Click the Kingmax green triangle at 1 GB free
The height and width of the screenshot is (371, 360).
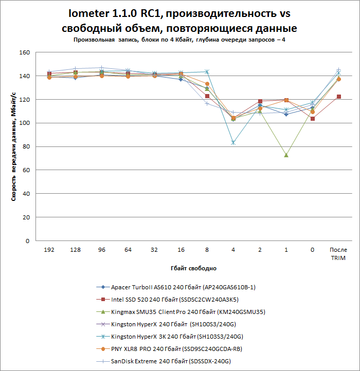tap(286, 155)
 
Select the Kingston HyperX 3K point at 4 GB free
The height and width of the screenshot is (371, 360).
tap(233, 142)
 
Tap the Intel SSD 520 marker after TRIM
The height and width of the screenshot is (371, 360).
tap(338, 97)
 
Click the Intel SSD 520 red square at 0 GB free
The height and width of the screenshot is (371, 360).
tap(312, 119)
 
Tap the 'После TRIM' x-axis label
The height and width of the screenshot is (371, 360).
tap(338, 254)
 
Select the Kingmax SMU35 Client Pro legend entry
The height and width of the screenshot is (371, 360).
tap(188, 312)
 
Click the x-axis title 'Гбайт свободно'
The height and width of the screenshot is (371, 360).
tap(193, 268)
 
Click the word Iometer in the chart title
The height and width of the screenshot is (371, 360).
tap(90, 13)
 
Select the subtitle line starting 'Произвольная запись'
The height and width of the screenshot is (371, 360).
tap(179, 40)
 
